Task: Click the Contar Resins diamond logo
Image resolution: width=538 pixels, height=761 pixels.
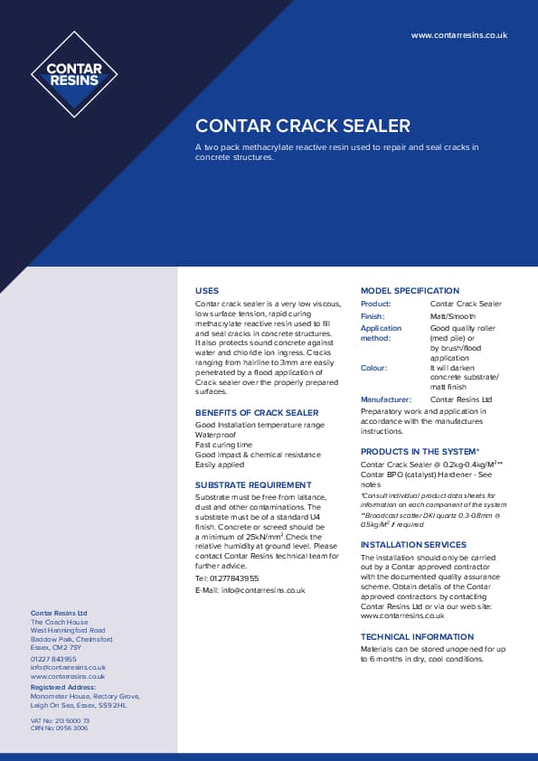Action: tap(74, 74)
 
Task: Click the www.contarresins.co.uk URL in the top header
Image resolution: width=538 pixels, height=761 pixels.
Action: tap(458, 35)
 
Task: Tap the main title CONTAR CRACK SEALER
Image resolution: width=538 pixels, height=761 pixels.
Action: tap(303, 126)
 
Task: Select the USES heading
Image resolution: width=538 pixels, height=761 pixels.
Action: tap(207, 291)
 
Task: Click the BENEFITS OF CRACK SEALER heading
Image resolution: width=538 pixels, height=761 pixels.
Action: tap(257, 412)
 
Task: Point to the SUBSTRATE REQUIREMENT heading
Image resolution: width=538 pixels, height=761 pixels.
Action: tap(253, 484)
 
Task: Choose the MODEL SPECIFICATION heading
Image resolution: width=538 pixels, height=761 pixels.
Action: tap(410, 291)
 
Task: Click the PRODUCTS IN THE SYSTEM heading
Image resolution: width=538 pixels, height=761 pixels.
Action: tap(420, 451)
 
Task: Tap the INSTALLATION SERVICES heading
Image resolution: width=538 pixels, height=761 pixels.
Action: tap(413, 545)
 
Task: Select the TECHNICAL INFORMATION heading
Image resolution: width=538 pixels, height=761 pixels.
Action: tap(417, 637)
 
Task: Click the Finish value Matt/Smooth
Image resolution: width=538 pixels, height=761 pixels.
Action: tap(454, 316)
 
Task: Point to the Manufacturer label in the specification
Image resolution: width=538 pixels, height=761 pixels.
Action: tap(386, 399)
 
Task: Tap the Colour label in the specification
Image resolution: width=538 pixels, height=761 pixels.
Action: tap(373, 368)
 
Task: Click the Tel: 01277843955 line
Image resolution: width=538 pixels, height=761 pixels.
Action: tap(227, 578)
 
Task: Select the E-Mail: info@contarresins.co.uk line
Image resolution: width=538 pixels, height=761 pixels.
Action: tap(250, 590)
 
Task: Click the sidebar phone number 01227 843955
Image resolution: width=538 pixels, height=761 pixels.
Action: tap(53, 660)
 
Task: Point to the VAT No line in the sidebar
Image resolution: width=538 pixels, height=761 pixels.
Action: tap(60, 720)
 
